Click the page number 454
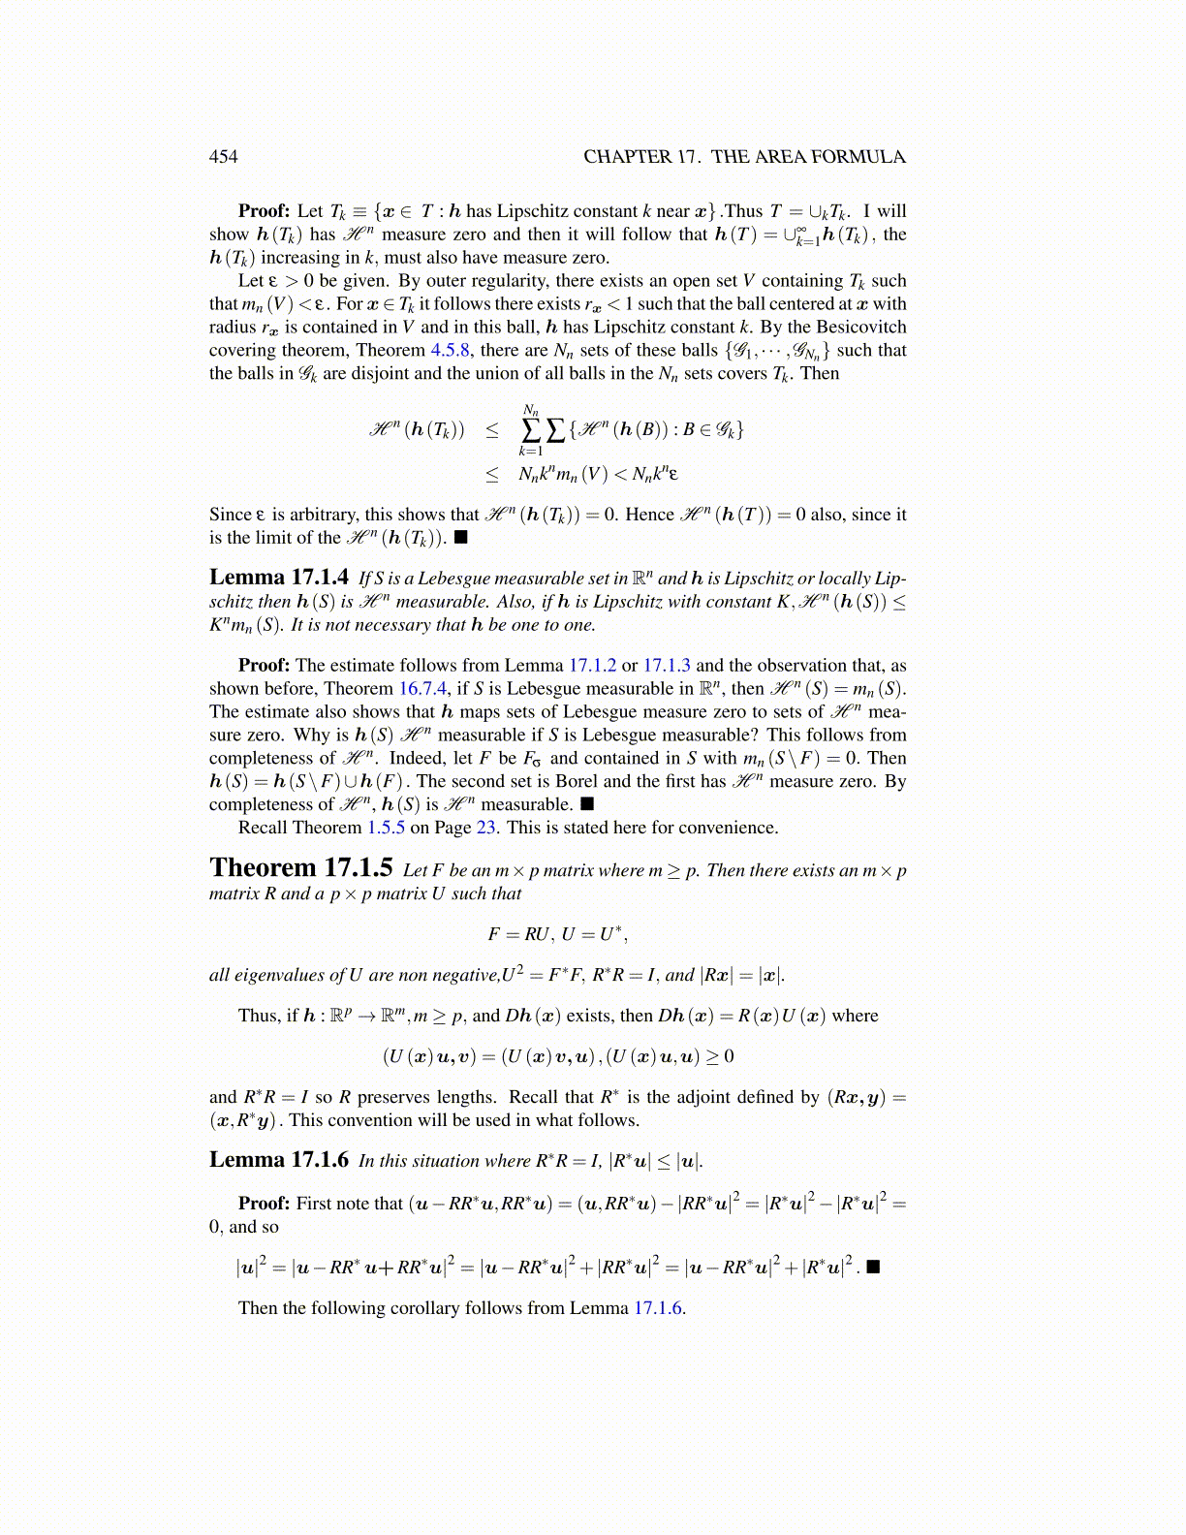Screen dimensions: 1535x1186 (223, 157)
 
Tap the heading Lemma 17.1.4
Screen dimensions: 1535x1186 (279, 579)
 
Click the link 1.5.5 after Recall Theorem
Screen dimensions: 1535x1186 (386, 829)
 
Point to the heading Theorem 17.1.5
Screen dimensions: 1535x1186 (301, 868)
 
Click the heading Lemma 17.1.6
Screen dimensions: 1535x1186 (279, 1160)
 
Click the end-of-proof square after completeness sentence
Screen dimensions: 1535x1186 (587, 804)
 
